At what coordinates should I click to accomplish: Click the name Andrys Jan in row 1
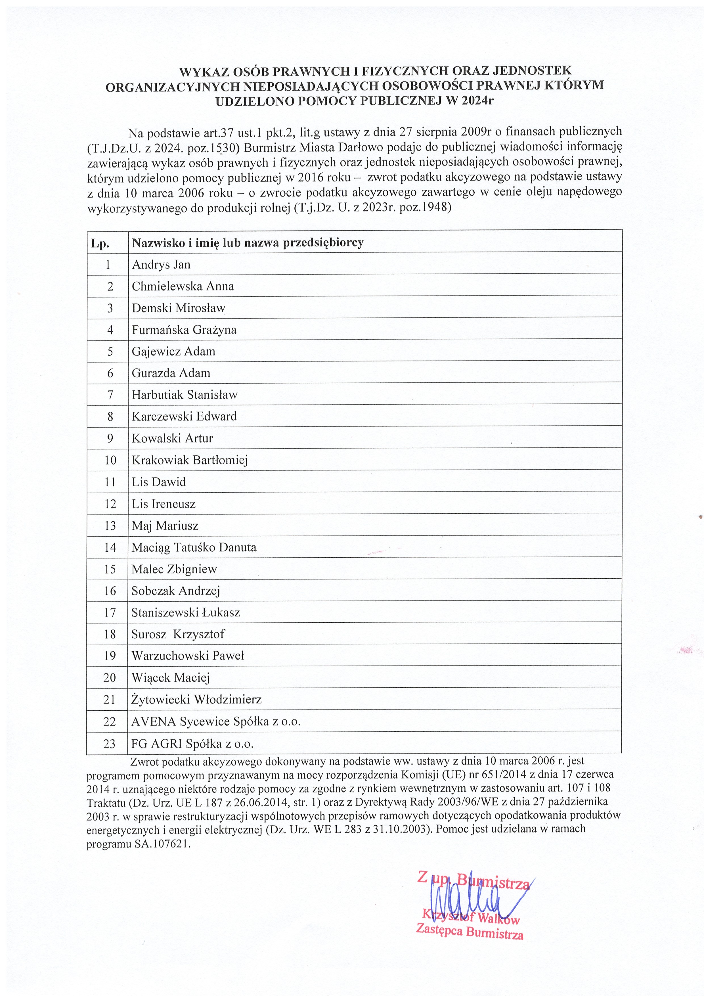(161, 265)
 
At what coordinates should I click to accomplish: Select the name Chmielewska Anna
(183, 286)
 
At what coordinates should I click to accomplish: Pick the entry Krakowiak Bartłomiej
(190, 460)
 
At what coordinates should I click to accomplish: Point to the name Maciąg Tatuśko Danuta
(194, 547)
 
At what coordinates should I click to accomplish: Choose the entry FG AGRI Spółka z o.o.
(192, 744)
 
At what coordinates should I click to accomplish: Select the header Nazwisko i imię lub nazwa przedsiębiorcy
(247, 243)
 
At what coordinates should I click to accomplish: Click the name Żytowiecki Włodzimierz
(196, 700)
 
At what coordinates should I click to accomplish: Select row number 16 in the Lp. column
(110, 591)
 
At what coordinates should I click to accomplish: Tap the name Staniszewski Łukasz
(186, 612)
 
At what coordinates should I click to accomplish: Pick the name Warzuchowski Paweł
(188, 656)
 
